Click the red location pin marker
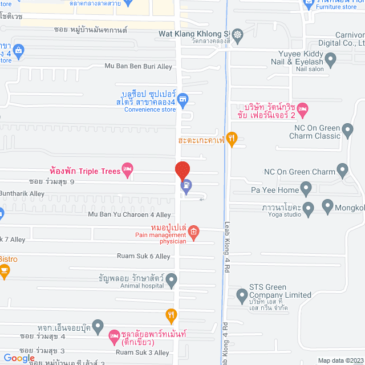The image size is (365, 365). point(182,171)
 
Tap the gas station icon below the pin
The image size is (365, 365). point(186,185)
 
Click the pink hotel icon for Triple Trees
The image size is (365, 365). point(128,168)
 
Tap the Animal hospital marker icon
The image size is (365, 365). point(172,279)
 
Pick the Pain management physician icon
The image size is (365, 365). point(194,231)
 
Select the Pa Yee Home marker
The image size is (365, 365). point(306,189)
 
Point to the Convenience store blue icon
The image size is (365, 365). point(182,99)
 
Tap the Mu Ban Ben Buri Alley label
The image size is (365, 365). point(138,67)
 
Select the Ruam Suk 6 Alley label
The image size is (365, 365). point(144,257)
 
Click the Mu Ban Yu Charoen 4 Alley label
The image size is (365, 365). point(129,215)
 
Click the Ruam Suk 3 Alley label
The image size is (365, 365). point(144,352)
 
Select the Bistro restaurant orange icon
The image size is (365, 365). point(4,272)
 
